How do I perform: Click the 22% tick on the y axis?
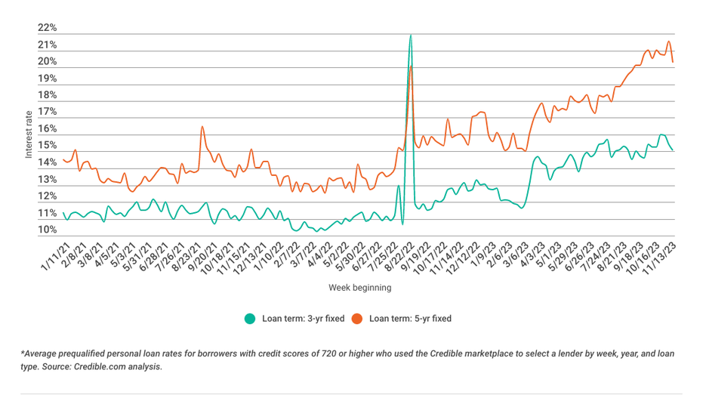point(47,28)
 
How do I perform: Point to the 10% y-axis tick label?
point(47,230)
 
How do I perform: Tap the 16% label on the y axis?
point(47,129)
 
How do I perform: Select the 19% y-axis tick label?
point(47,79)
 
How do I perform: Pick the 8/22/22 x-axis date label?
point(399,255)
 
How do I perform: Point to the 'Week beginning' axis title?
point(360,288)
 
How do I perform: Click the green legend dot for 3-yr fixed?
point(250,318)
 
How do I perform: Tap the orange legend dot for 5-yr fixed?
point(357,318)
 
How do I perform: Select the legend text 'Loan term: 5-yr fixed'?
point(410,318)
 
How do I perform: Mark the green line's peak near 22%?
point(410,35)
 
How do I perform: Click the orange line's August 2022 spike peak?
point(411,66)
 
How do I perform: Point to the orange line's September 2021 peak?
point(202,126)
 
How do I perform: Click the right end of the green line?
point(673,150)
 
